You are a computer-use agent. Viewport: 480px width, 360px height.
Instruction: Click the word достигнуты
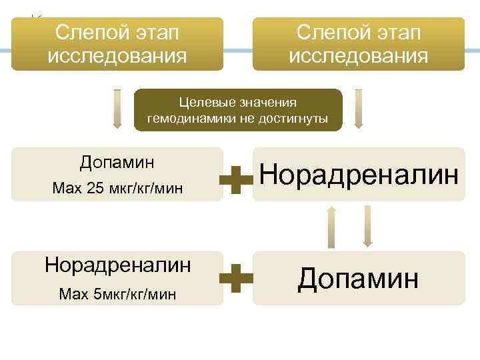pos(294,119)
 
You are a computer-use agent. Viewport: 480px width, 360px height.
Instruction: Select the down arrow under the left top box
pos(117,109)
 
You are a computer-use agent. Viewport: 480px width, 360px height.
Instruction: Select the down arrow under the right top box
pos(359,109)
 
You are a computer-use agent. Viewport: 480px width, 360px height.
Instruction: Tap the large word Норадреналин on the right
pos(359,175)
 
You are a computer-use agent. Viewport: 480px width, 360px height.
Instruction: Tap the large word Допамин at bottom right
pos(359,277)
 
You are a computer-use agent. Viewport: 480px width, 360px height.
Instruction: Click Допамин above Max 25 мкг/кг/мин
pos(117,162)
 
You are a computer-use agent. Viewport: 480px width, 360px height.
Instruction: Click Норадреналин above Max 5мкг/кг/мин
pos(117,264)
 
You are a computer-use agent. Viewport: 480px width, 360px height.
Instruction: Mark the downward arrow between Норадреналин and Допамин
pos(367,225)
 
